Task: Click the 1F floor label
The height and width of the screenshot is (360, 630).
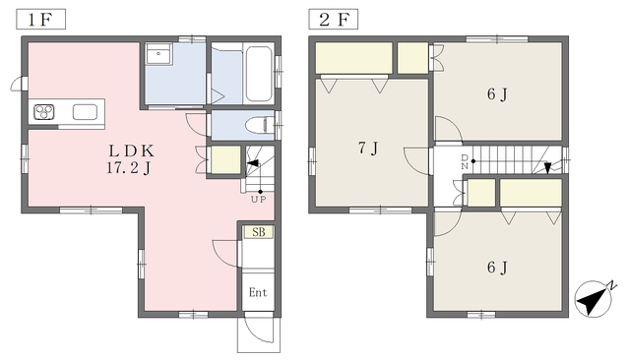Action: point(40,20)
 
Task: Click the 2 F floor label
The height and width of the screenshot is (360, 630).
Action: point(334,20)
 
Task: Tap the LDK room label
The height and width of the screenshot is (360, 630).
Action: point(131,150)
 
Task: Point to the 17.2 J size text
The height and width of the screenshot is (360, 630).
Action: point(129,168)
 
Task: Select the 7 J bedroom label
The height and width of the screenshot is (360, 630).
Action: point(368,149)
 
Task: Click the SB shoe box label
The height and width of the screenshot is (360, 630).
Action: point(258,232)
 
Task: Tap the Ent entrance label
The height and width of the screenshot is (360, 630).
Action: point(258,292)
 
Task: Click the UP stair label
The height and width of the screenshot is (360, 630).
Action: point(258,199)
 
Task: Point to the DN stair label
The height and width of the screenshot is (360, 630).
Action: point(465,161)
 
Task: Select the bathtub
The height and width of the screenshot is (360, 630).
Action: point(259,74)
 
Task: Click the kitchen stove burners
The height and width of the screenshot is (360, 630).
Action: point(44,112)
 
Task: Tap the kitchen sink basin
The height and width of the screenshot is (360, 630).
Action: point(85,112)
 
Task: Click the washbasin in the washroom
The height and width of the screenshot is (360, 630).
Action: point(159,54)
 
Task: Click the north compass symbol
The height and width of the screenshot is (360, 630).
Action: point(594,298)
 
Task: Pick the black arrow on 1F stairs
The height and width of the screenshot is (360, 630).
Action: point(253,163)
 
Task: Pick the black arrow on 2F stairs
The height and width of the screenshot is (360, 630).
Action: point(547,168)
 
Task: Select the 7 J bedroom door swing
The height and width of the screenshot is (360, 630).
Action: point(417,161)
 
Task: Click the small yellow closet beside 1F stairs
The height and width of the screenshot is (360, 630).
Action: point(225,160)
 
